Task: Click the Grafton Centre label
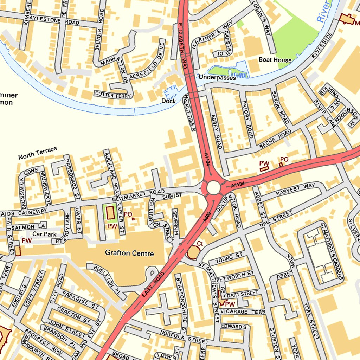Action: click(x=129, y=253)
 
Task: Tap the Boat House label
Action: click(x=275, y=60)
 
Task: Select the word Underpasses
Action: click(x=217, y=78)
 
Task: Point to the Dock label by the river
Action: click(x=168, y=101)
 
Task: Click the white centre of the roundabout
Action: click(x=213, y=187)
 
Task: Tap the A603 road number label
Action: click(x=207, y=217)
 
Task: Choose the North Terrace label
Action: click(x=38, y=153)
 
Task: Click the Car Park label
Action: click(x=45, y=234)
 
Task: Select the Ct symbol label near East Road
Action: click(x=200, y=243)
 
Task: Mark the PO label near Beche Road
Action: click(x=284, y=159)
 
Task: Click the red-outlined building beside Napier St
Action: click(x=110, y=213)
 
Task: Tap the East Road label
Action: click(x=153, y=285)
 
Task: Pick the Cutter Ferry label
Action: click(x=113, y=94)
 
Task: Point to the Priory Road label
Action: click(x=248, y=120)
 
